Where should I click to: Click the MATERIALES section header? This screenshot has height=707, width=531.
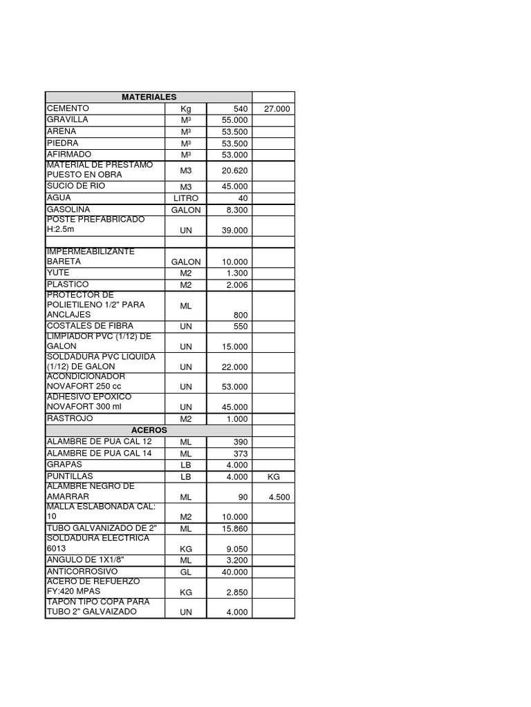(149, 97)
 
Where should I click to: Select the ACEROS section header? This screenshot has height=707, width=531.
(149, 430)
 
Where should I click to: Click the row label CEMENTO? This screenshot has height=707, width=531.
(68, 108)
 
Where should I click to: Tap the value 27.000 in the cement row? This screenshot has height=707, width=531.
(277, 109)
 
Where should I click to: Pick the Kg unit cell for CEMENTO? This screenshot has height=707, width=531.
(185, 109)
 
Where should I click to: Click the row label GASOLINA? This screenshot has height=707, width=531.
(68, 209)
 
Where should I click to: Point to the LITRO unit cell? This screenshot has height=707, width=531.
(185, 199)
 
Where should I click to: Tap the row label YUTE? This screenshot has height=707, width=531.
(58, 273)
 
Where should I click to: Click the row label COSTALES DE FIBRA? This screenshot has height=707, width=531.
(90, 325)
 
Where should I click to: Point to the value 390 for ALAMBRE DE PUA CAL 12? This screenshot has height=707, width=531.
(240, 442)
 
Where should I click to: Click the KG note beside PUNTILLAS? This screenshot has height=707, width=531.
(272, 477)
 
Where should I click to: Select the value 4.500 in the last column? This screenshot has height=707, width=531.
(279, 497)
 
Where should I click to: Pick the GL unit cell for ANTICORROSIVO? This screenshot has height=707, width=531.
(185, 572)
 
